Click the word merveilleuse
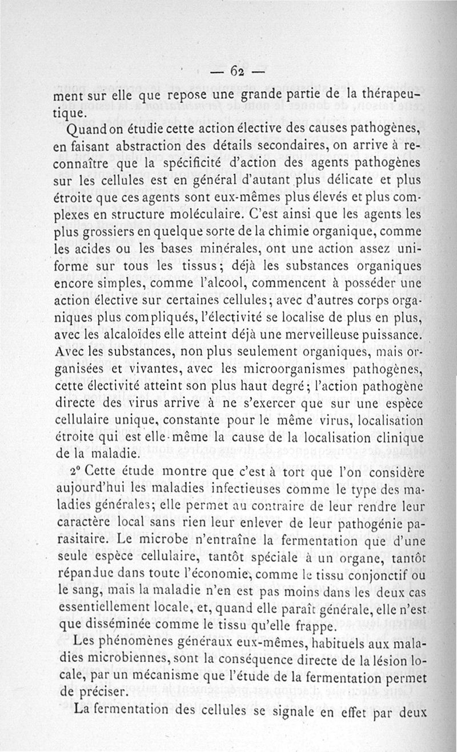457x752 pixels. coord(316,332)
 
